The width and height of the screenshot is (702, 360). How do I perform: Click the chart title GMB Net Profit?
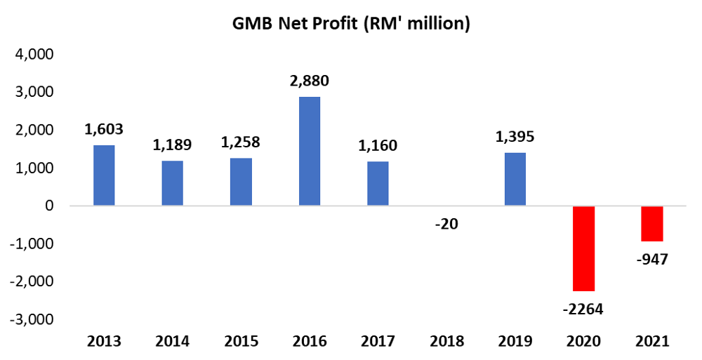[x=350, y=24]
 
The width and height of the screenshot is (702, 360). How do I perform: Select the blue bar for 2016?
[x=310, y=151]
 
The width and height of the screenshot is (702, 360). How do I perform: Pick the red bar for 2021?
[x=652, y=223]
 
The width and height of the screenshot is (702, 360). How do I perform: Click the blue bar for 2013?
[x=104, y=175]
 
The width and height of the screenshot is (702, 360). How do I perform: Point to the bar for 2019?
[x=515, y=179]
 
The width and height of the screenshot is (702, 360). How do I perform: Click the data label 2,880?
[x=310, y=81]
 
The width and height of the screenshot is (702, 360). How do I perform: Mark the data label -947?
[x=652, y=260]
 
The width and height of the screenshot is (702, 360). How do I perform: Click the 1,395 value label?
[x=515, y=138]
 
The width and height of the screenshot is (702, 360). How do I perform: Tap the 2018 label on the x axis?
[x=447, y=342]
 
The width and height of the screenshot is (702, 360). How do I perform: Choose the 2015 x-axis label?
[x=241, y=342]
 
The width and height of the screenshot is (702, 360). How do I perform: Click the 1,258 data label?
[x=241, y=142]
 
